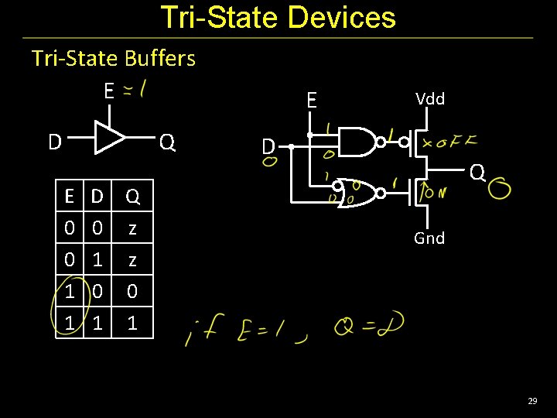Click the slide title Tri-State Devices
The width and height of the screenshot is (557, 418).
(x=278, y=17)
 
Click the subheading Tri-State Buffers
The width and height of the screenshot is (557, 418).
(x=114, y=58)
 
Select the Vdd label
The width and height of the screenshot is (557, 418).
(x=430, y=98)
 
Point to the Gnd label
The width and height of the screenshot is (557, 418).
(x=429, y=238)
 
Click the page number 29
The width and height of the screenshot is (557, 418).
(x=532, y=401)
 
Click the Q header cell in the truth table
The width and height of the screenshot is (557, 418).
(x=132, y=197)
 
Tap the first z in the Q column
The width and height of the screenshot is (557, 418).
(x=132, y=228)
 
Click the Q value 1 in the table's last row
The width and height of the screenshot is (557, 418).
(x=132, y=323)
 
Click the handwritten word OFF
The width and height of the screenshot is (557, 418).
(x=453, y=142)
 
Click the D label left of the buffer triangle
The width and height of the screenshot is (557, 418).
(x=55, y=142)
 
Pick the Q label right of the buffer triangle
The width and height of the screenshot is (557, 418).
(x=167, y=142)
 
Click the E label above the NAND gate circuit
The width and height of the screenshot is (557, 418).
(x=311, y=101)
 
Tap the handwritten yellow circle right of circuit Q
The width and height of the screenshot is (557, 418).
(x=500, y=189)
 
